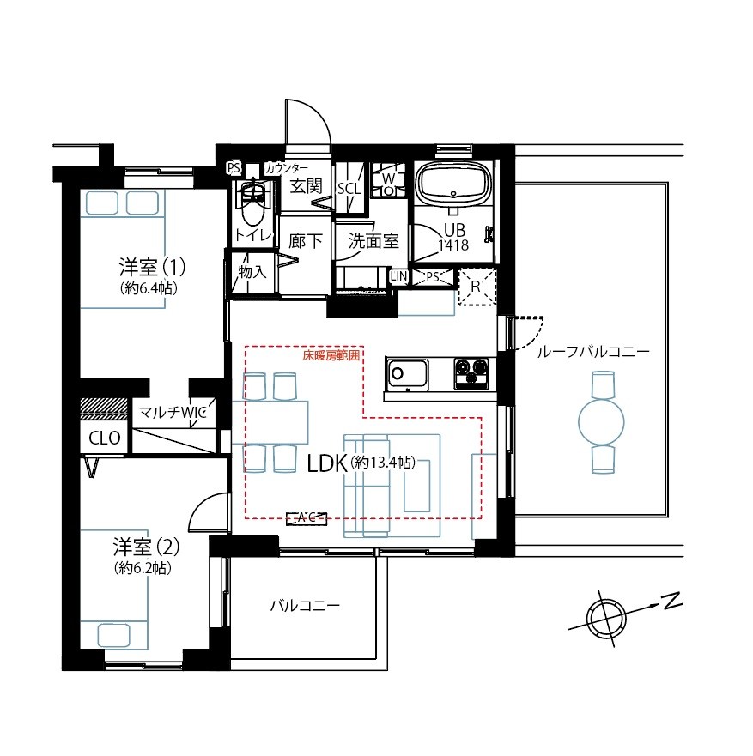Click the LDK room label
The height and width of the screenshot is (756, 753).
tap(327, 463)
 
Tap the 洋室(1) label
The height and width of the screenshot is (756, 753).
tap(152, 266)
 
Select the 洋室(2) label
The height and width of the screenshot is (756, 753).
tap(146, 547)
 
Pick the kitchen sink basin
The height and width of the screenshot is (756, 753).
tap(407, 375)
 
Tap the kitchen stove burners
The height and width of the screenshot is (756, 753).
tap(471, 373)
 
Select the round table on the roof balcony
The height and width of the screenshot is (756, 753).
tap(602, 422)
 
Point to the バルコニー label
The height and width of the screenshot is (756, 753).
tap(305, 605)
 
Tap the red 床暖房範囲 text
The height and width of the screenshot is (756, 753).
tap(331, 356)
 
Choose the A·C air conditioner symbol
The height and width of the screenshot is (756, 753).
tap(307, 518)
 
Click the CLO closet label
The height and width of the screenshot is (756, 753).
tap(105, 438)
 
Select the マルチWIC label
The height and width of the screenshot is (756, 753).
tap(173, 412)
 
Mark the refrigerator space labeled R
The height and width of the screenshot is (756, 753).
tap(477, 287)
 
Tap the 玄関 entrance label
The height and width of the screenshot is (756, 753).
tap(306, 185)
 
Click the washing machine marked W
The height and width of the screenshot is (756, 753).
tap(388, 180)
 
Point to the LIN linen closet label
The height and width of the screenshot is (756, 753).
tap(399, 276)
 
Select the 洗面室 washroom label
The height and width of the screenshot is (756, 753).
tap(373, 240)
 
